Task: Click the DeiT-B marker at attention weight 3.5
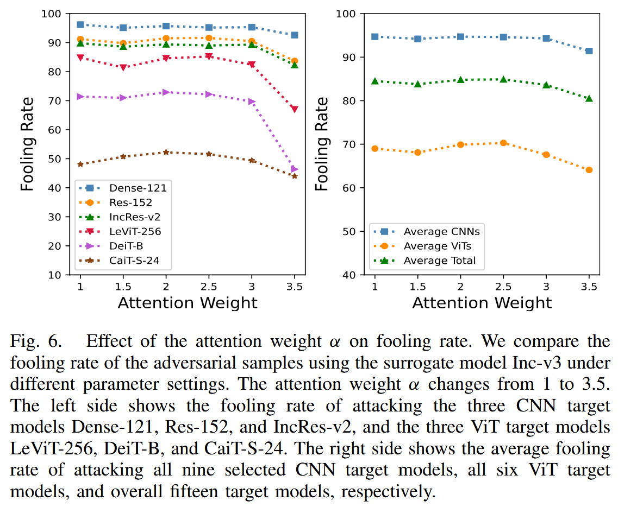tap(295, 169)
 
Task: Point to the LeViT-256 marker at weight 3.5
tap(295, 109)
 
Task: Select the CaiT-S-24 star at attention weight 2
tap(166, 153)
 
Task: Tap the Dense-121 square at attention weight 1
tap(80, 24)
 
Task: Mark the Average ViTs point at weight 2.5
tap(503, 143)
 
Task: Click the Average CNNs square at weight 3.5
tap(589, 51)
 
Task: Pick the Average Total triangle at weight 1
tap(374, 81)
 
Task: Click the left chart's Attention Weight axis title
tap(188, 302)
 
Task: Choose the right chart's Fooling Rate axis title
tap(322, 144)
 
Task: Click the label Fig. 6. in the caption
tap(36, 343)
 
